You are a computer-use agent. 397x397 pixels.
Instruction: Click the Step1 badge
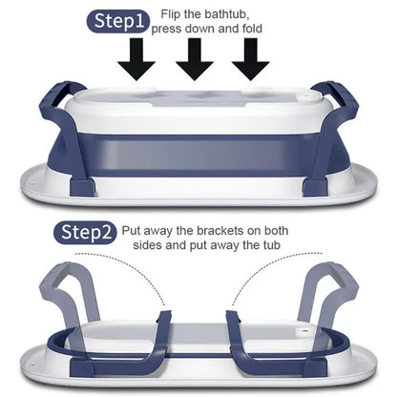117,22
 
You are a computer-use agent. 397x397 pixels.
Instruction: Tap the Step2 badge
84,233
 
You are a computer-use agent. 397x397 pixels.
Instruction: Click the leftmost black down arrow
136,59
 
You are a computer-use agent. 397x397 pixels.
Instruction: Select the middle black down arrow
195,59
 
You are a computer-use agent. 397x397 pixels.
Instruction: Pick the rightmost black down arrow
251,59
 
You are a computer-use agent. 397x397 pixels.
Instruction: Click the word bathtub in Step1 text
226,14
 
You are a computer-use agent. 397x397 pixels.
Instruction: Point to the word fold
250,29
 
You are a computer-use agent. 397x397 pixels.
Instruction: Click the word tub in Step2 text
270,245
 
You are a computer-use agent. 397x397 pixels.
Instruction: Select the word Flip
171,14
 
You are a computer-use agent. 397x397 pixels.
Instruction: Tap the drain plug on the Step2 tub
304,332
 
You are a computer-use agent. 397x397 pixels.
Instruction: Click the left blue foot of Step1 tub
82,188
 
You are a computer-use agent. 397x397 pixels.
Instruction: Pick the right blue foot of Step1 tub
315,188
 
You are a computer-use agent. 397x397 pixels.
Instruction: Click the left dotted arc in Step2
127,264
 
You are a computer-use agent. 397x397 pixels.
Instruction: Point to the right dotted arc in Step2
270,264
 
